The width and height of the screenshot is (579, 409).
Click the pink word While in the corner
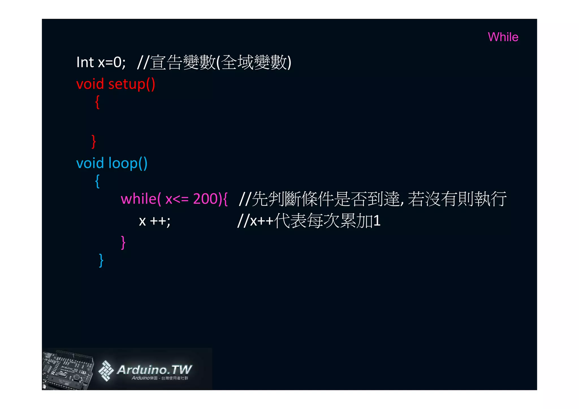coord(503,37)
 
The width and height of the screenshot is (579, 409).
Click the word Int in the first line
coord(85,62)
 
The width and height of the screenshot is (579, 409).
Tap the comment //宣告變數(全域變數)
coord(214,62)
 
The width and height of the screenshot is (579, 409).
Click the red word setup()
coord(131,84)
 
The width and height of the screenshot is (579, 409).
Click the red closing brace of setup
coord(94,141)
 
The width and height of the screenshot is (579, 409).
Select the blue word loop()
coord(128,163)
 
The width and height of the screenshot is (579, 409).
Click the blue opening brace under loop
coord(97,181)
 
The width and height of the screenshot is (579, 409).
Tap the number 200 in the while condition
coord(205,199)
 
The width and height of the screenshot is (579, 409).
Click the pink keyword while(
coord(141,199)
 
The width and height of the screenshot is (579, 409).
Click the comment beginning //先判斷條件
coord(373,199)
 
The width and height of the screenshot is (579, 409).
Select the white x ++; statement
coord(155,221)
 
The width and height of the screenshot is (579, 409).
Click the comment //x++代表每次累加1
coord(309,221)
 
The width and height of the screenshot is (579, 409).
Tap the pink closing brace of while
coord(123,242)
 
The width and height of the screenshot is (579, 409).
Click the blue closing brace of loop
coord(101,260)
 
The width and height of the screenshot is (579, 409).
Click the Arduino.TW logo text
coord(154,370)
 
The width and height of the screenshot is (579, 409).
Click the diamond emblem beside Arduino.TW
coord(106,370)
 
